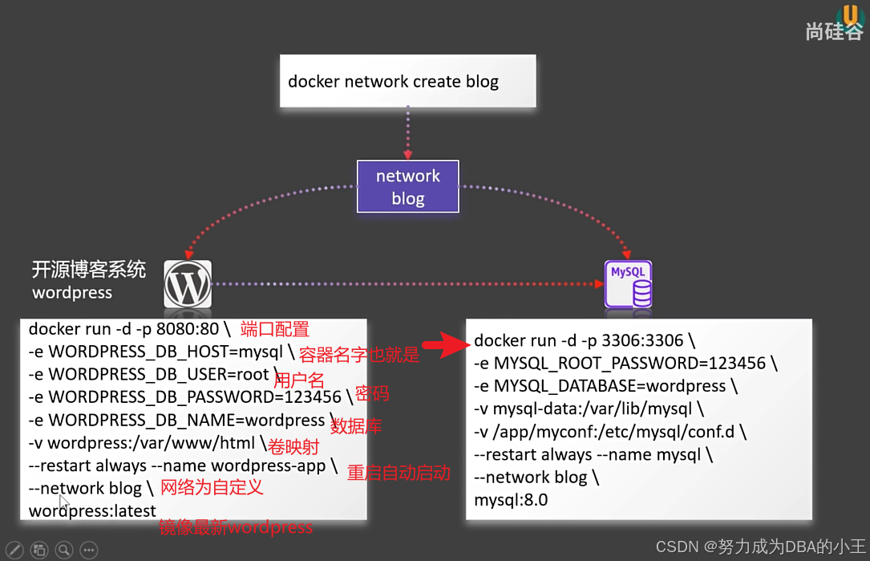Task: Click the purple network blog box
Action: [407, 186]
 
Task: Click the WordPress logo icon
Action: [188, 283]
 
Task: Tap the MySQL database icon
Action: [628, 283]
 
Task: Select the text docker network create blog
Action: [393, 81]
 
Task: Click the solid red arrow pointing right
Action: [444, 346]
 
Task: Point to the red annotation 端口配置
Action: [275, 329]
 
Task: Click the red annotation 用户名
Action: [299, 380]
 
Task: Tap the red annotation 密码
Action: [372, 393]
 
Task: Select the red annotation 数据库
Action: [356, 426]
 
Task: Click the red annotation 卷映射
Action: [293, 446]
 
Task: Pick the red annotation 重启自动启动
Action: [399, 473]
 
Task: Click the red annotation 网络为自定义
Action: [212, 487]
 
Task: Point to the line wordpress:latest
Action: [92, 511]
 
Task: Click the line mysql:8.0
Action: [511, 500]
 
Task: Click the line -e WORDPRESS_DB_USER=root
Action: [148, 374]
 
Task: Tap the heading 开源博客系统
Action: [89, 270]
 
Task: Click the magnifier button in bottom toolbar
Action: [64, 550]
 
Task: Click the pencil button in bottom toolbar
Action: [14, 550]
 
